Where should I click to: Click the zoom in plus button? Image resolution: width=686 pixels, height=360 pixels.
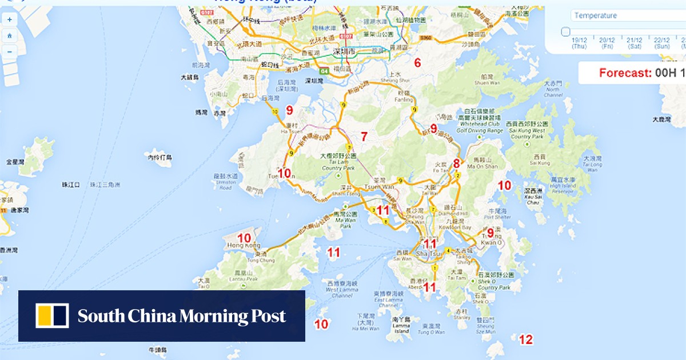[x=10, y=19]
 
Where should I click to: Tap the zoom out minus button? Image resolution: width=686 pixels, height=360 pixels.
[x=10, y=51]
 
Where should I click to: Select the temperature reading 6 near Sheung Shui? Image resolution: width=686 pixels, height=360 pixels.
[x=417, y=63]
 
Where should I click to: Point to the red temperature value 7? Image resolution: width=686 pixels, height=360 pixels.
[x=363, y=136]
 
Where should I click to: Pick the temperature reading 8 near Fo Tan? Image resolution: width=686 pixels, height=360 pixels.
[x=456, y=163]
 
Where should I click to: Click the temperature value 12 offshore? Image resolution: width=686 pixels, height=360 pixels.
[x=525, y=339]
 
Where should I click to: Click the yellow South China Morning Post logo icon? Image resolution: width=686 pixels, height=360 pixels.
[x=52, y=315]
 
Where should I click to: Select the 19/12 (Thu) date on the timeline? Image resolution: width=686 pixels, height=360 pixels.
[x=579, y=43]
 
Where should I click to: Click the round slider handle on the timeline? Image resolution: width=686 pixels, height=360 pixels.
[x=565, y=32]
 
